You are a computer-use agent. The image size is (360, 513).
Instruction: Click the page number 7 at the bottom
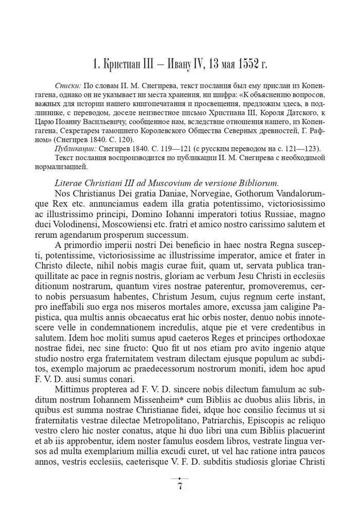[180, 486]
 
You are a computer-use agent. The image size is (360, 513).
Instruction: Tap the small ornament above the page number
[180, 477]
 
